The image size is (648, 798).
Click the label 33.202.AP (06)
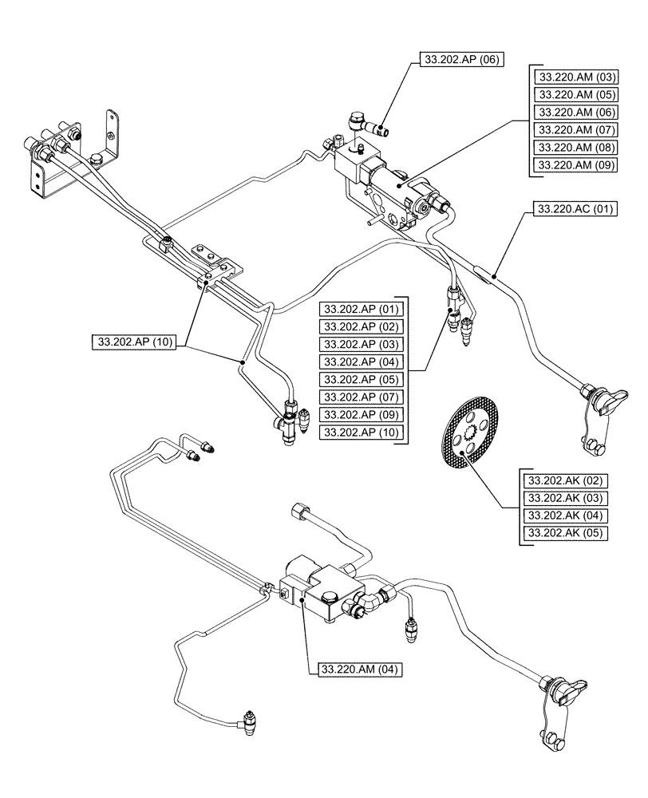point(460,59)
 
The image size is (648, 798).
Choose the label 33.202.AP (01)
point(362,309)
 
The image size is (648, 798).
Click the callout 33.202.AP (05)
point(362,379)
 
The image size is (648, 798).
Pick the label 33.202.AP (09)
point(362,414)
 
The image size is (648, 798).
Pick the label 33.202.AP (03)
point(362,344)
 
